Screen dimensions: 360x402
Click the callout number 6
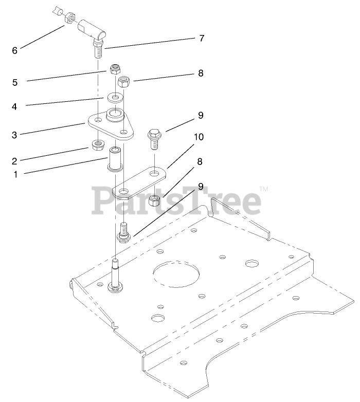tap(14, 50)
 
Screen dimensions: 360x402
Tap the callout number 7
tap(202, 38)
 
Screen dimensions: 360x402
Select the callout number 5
tap(15, 81)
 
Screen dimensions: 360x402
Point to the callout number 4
tap(15, 107)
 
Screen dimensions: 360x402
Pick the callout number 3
tap(14, 135)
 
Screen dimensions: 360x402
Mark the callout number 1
tap(15, 174)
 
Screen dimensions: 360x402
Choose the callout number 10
tap(199, 137)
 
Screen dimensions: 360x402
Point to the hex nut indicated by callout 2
tap(97, 145)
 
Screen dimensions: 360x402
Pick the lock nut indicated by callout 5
tap(115, 69)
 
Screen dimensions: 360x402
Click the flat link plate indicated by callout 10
tap(139, 182)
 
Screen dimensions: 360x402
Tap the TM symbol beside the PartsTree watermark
tap(264, 190)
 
